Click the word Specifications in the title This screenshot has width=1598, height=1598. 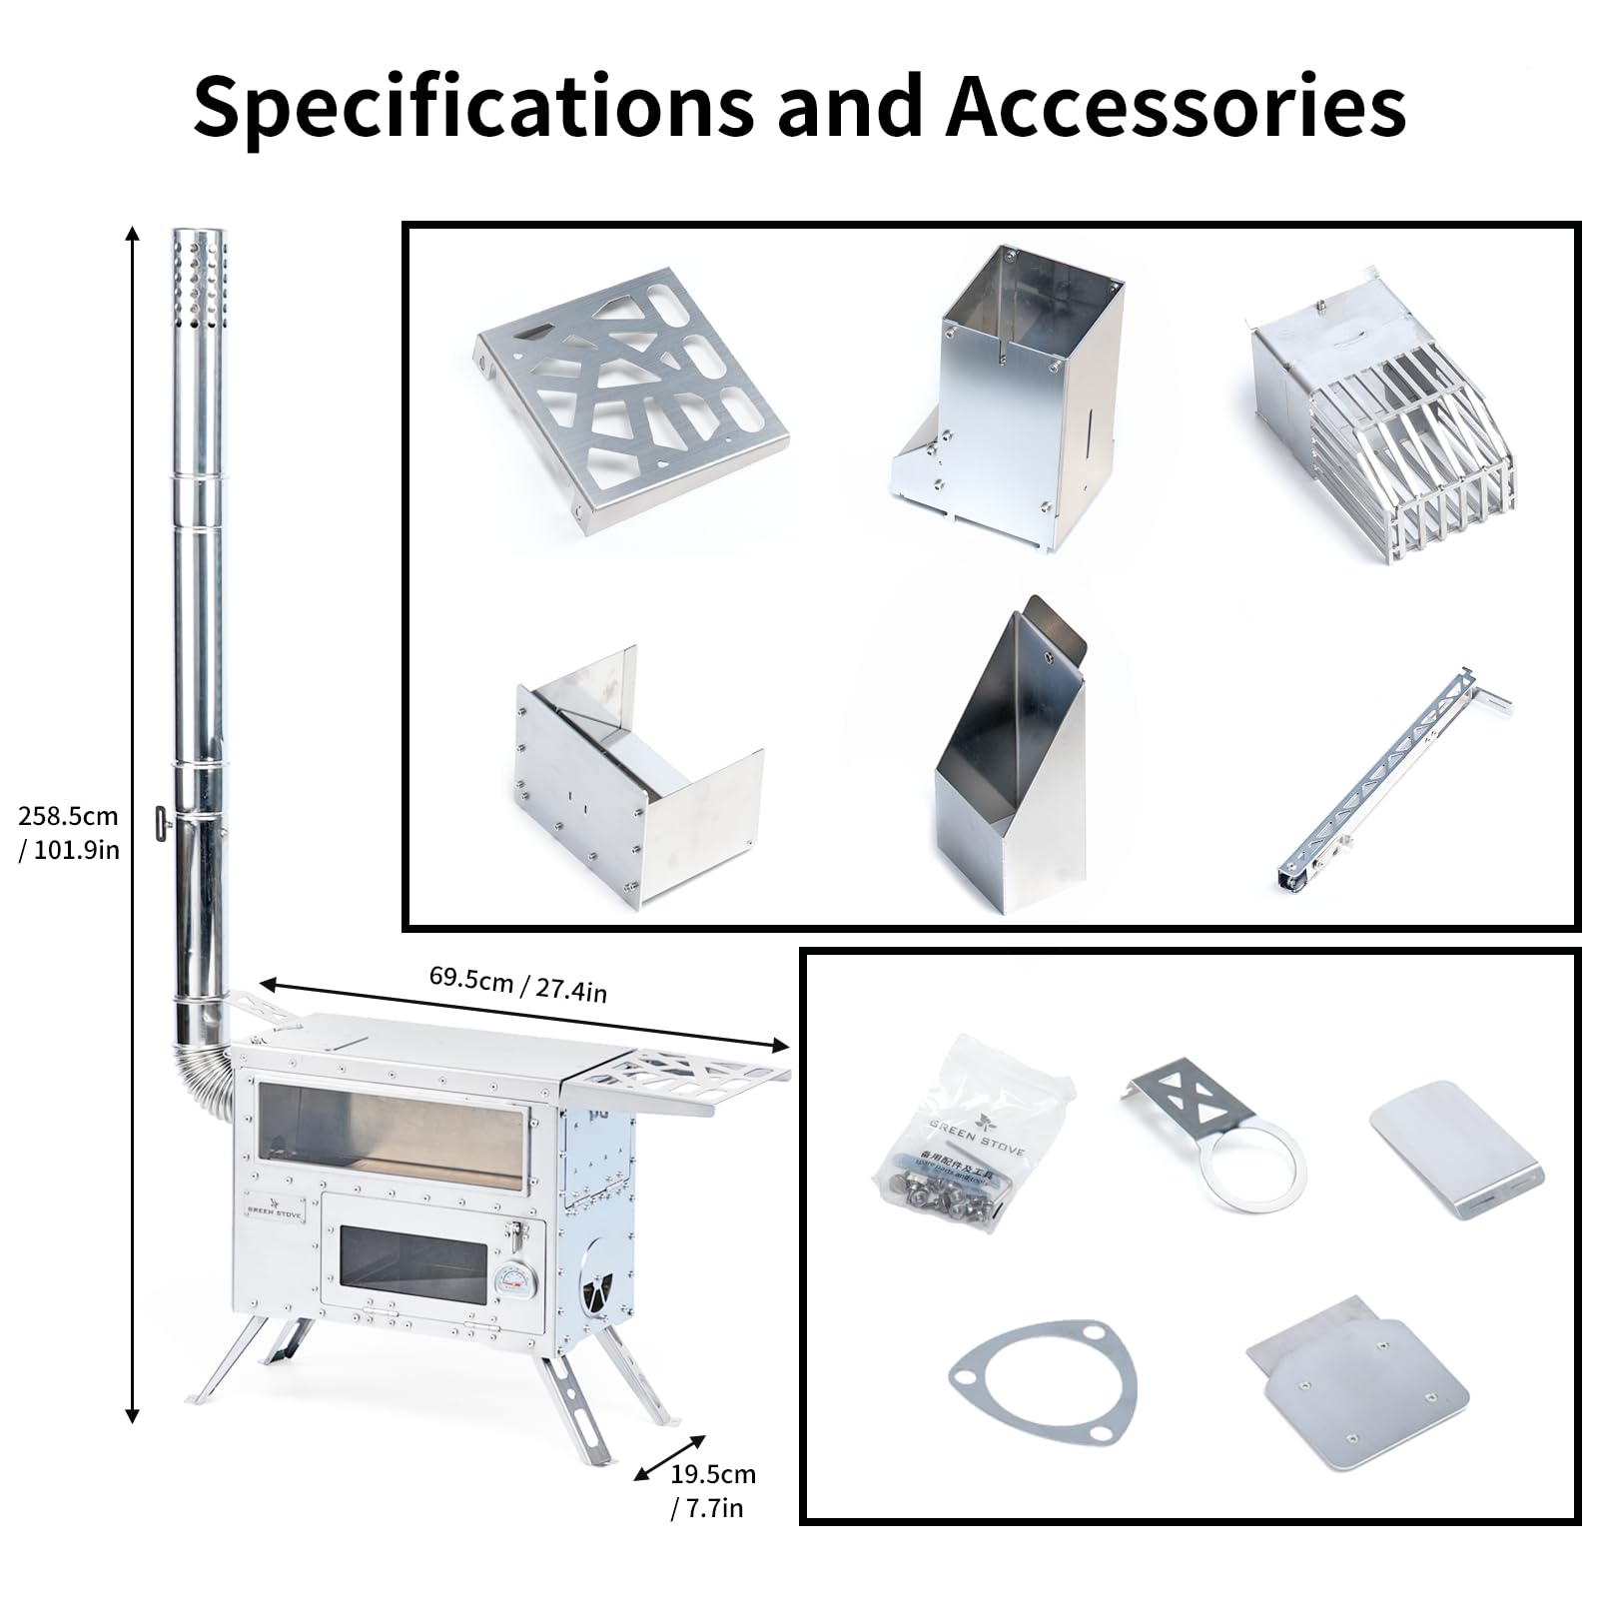pyautogui.click(x=474, y=107)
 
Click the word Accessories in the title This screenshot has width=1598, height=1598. pyautogui.click(x=1176, y=107)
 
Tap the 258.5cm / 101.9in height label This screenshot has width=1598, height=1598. pyautogui.click(x=69, y=832)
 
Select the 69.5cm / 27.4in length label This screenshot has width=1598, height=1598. pyautogui.click(x=518, y=983)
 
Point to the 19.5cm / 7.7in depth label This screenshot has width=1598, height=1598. pyautogui.click(x=711, y=1490)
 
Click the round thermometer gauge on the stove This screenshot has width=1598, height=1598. pyautogui.click(x=515, y=1281)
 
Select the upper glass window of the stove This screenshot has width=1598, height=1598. pyautogui.click(x=391, y=1137)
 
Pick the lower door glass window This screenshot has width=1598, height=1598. pyautogui.click(x=412, y=1266)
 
